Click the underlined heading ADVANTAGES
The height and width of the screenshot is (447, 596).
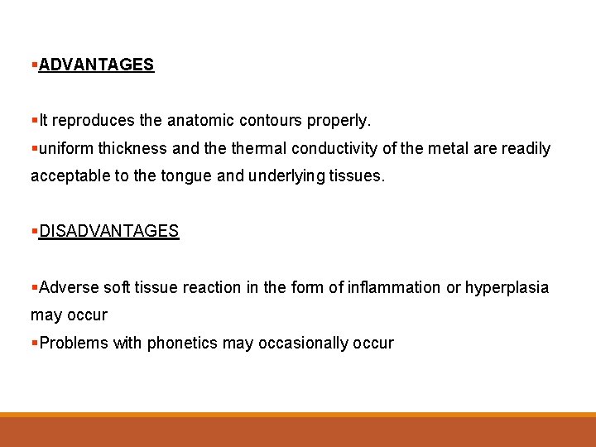click(x=96, y=65)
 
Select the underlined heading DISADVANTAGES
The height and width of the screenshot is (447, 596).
click(x=108, y=231)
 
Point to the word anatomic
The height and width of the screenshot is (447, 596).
click(x=201, y=121)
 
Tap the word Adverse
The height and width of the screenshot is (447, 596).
click(x=69, y=287)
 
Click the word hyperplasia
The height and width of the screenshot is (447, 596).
click(x=507, y=287)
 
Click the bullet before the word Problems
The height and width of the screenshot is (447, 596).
click(x=34, y=343)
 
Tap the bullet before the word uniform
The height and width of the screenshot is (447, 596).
click(x=34, y=149)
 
